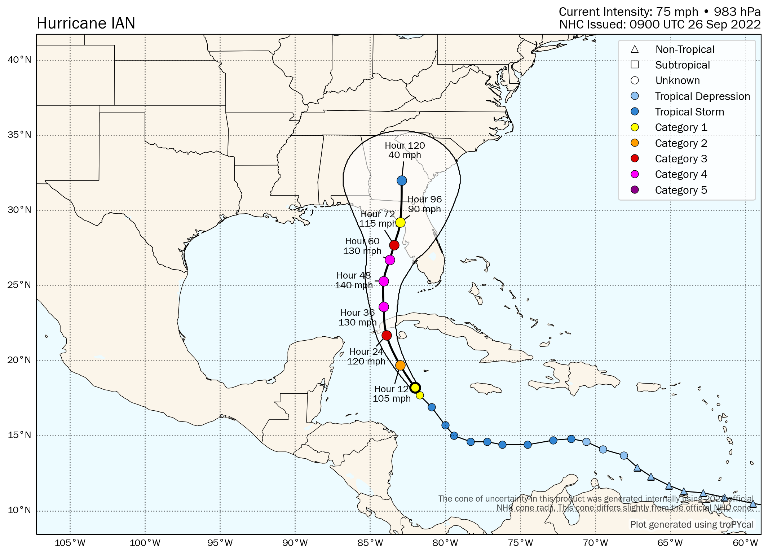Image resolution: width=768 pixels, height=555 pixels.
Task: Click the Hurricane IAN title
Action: tap(86, 23)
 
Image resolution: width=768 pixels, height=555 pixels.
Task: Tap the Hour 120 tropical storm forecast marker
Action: tap(402, 180)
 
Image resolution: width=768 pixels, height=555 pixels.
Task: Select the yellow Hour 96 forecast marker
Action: tap(400, 223)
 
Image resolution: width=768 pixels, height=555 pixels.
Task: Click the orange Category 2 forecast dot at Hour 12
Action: tap(400, 366)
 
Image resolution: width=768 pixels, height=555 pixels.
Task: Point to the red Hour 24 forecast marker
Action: tap(387, 336)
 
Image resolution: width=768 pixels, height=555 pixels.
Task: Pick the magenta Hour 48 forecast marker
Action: tap(384, 281)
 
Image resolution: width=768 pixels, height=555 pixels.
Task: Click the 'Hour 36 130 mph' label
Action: tap(357, 318)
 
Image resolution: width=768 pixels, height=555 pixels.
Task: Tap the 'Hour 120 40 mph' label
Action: tap(405, 150)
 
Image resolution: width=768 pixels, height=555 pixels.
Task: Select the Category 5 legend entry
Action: tap(681, 190)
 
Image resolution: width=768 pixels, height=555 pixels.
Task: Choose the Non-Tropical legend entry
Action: tap(684, 49)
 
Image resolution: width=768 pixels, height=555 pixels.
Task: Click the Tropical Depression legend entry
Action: tap(702, 96)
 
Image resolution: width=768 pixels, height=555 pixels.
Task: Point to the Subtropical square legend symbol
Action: tap(635, 65)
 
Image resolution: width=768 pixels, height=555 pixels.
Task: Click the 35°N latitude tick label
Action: tap(19, 135)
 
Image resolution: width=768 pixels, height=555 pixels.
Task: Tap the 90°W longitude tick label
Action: tap(295, 543)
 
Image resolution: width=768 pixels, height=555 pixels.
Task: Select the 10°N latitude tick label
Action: tap(19, 510)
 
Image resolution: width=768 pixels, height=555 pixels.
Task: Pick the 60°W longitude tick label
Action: tap(745, 543)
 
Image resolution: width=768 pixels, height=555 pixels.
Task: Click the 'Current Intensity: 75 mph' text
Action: tap(628, 12)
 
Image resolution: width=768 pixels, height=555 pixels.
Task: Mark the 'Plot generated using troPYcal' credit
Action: tap(692, 524)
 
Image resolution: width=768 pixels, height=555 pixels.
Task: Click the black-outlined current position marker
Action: tap(415, 388)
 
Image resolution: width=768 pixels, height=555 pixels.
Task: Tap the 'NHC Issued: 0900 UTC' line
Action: tap(660, 25)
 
